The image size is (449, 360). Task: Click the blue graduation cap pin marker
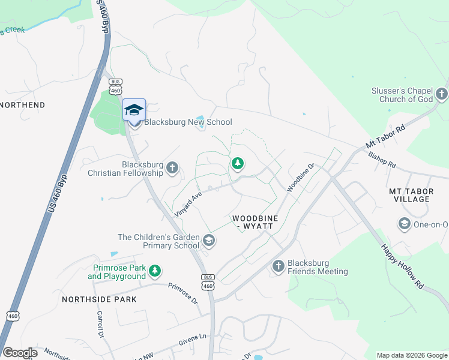[134, 110]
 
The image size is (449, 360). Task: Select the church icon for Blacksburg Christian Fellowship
[173, 167]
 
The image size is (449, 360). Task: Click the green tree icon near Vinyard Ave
[238, 163]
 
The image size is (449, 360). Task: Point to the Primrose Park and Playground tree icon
[155, 271]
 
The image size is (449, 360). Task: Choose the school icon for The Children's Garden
[209, 241]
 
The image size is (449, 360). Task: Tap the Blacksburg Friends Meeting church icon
[278, 266]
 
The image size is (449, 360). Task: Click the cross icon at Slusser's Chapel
[442, 94]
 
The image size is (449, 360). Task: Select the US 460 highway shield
[13, 315]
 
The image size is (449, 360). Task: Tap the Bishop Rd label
[382, 159]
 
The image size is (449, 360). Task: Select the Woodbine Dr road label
[301, 178]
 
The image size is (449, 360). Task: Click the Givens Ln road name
[192, 341]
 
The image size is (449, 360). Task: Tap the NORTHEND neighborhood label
[23, 105]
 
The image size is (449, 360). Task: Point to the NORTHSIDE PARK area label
[99, 299]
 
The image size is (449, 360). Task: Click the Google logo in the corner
[19, 353]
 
